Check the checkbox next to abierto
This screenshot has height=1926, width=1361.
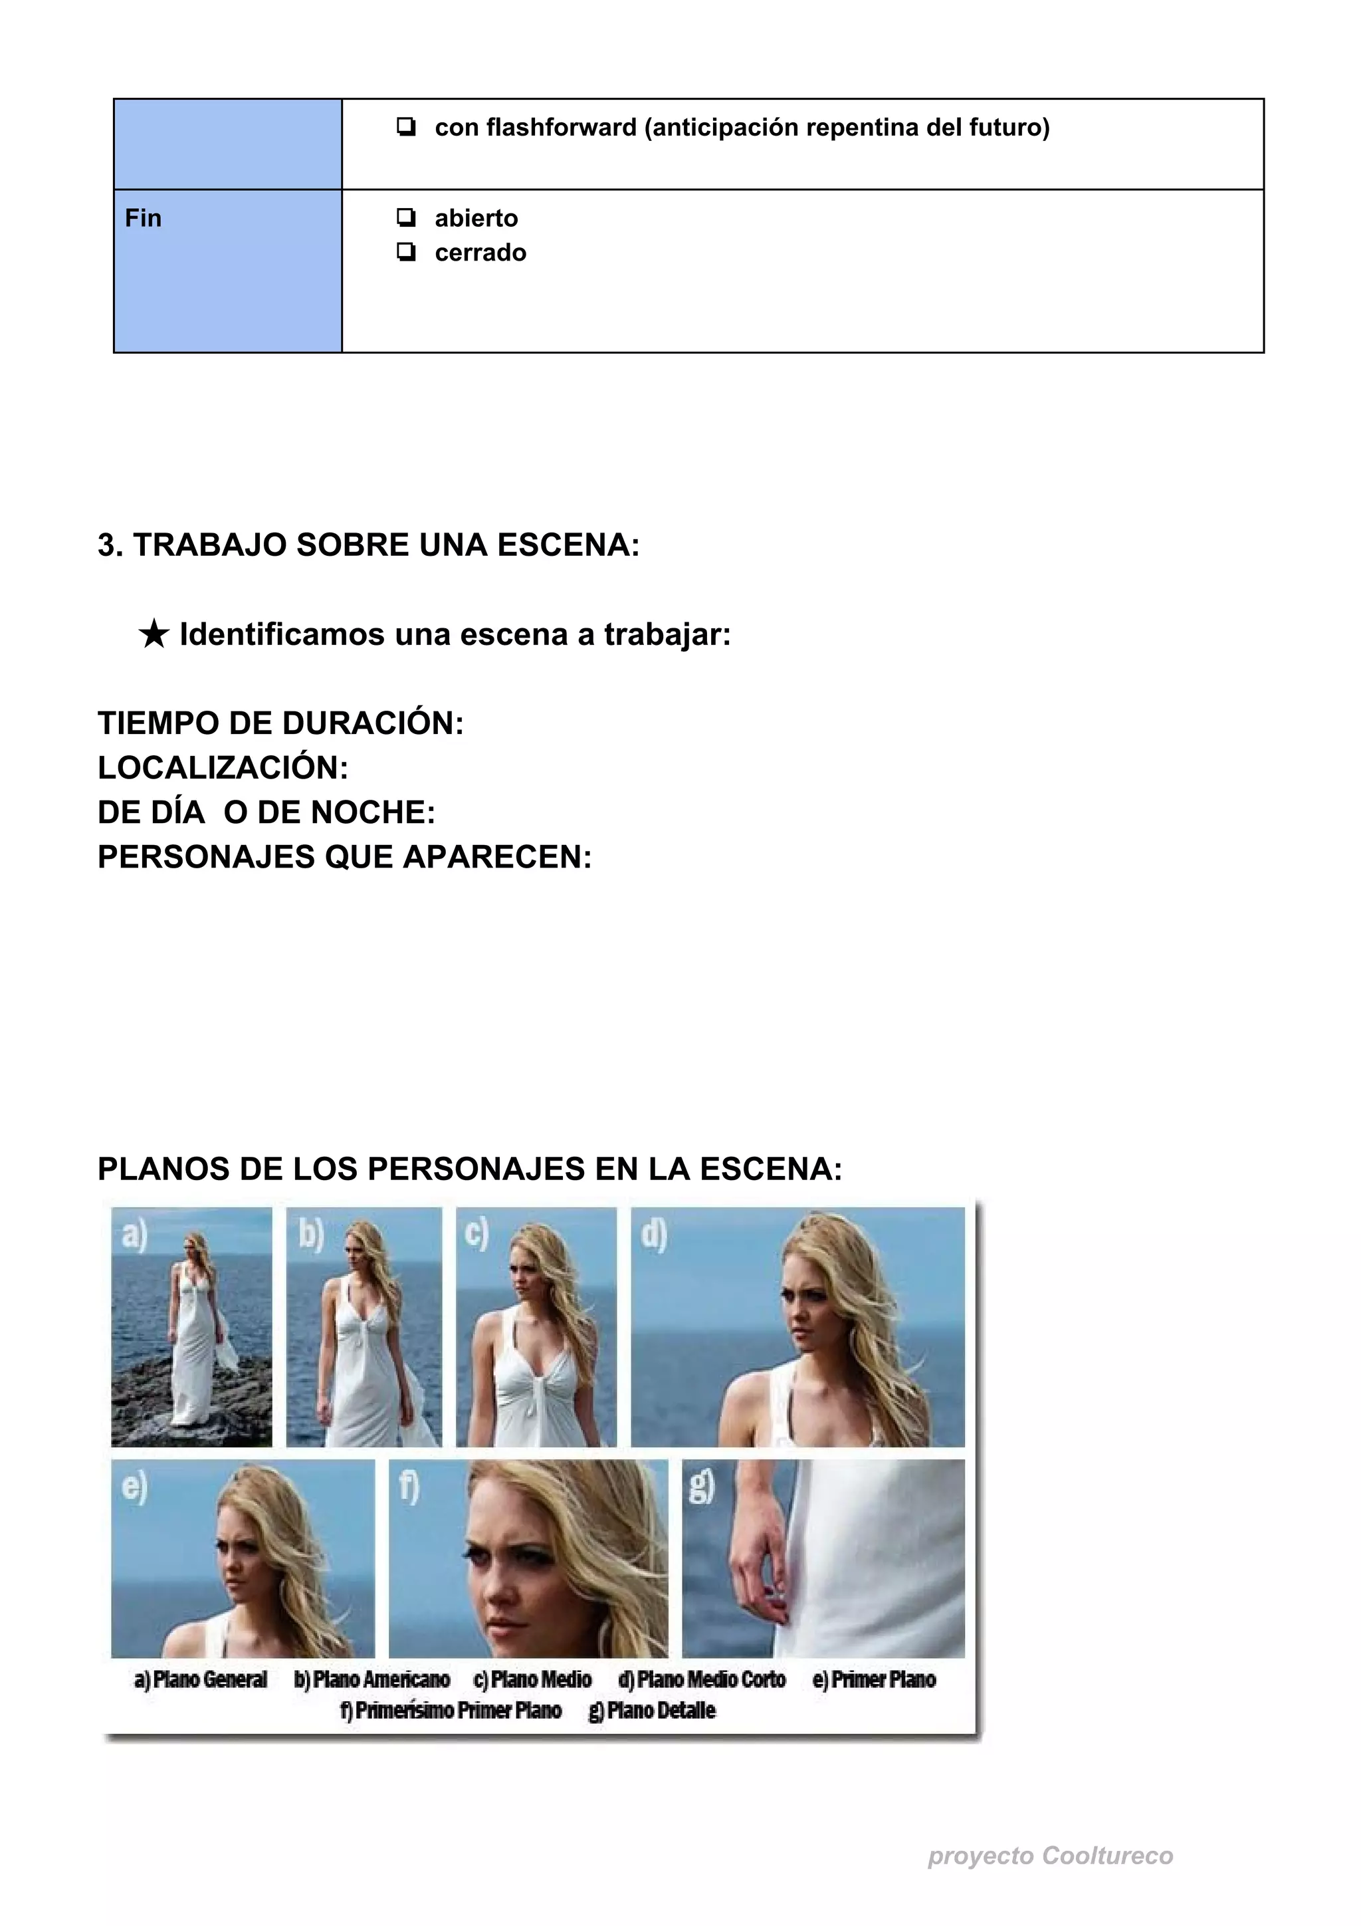[x=406, y=218]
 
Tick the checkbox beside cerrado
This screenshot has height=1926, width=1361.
[x=406, y=253]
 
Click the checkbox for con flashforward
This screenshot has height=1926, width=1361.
[x=406, y=128]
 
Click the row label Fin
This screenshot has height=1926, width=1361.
[x=144, y=218]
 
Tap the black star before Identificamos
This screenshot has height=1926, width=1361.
[x=154, y=635]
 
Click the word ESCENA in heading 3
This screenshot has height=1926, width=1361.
[x=568, y=545]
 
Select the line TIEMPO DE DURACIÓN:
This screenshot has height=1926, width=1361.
[x=280, y=723]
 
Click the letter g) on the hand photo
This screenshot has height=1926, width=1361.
[x=701, y=1487]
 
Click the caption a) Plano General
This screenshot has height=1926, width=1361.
[x=201, y=1679]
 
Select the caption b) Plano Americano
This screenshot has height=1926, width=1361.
[x=371, y=1679]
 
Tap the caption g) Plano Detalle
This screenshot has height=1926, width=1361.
[x=653, y=1711]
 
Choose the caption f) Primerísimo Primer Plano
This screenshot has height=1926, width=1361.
[x=451, y=1711]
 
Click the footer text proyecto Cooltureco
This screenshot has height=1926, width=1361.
[x=1050, y=1856]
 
